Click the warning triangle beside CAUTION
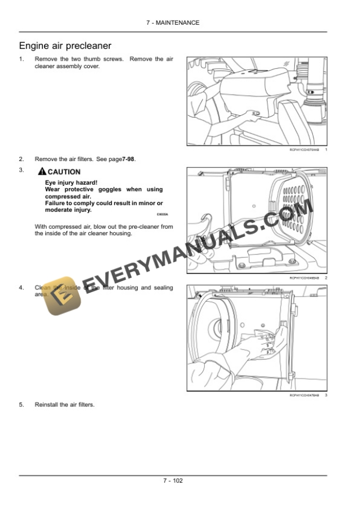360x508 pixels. tap(41, 172)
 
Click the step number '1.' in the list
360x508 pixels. tap(22, 59)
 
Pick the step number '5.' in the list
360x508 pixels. tap(22, 405)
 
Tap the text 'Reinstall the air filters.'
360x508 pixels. tap(65, 405)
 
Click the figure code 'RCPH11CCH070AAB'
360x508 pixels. tap(304, 151)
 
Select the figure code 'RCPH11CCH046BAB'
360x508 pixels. tap(304, 278)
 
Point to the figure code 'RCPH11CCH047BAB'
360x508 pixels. tap(304, 395)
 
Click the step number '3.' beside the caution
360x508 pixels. tap(22, 171)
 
